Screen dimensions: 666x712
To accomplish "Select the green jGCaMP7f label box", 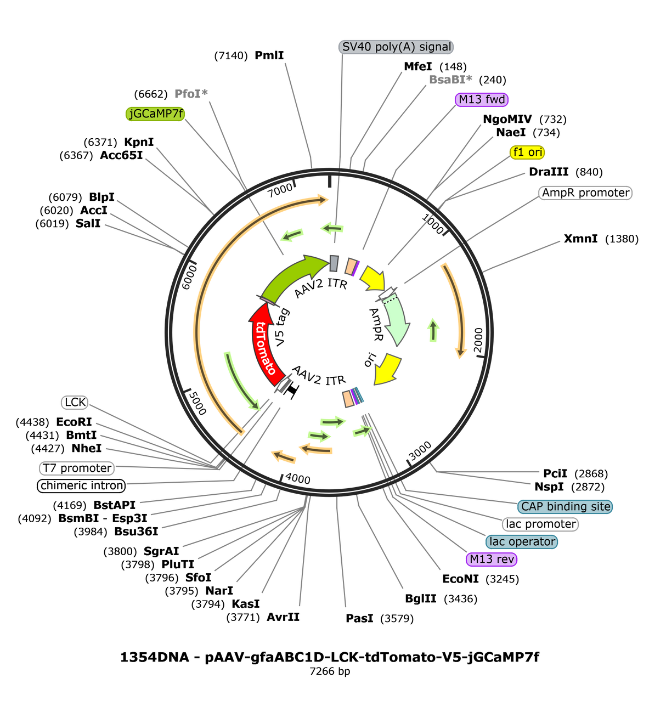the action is pos(155,114).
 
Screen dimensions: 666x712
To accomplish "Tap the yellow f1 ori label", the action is pos(527,152).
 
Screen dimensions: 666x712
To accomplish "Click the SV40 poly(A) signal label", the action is pos(396,47).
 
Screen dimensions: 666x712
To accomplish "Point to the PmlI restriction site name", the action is pos(269,55).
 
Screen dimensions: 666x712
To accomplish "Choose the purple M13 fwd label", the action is pos(481,99).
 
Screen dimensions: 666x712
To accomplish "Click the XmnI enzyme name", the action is pos(580,239).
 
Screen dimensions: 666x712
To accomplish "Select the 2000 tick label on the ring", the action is pos(478,340).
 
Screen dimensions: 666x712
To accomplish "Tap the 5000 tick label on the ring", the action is pos(197,403).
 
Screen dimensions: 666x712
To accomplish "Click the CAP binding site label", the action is pos(565,507).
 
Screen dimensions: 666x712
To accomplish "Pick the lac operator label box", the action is pos(522,542).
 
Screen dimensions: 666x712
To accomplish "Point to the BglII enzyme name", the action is pos(420,598).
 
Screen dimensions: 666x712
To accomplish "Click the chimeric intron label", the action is pos(81,486).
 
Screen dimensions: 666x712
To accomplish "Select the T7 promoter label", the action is pos(77,468).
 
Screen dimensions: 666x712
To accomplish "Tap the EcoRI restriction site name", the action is pos(74,422).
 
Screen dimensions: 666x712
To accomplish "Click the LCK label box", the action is pos(75,402).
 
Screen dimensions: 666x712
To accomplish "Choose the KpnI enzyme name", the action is pos(139,142).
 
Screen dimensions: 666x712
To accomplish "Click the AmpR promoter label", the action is pos(585,193).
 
